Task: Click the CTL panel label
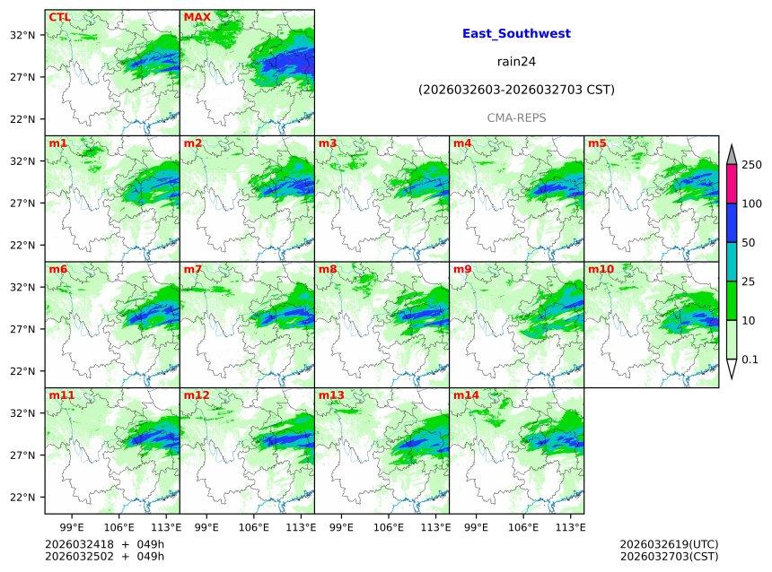(x=59, y=17)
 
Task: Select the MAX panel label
(x=196, y=17)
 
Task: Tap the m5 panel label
(x=597, y=143)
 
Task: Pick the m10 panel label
(x=601, y=269)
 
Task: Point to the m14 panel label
(x=466, y=395)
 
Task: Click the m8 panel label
(x=328, y=269)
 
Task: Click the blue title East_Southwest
(x=516, y=34)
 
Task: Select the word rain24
(x=516, y=62)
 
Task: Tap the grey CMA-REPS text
(x=516, y=117)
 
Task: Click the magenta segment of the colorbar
(x=732, y=184)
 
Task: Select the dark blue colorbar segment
(x=732, y=223)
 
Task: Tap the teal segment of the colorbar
(x=732, y=262)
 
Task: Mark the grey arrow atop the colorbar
(x=732, y=154)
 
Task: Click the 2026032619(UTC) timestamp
(x=669, y=544)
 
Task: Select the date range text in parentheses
(x=516, y=90)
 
